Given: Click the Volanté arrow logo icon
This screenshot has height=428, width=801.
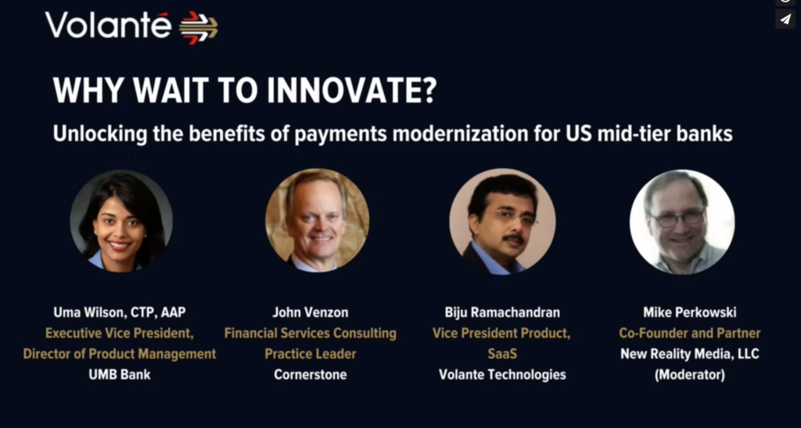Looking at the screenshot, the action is tap(199, 27).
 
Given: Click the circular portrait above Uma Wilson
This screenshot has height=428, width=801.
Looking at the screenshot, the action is tap(121, 221).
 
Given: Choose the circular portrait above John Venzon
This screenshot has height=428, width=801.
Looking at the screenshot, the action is tap(317, 220).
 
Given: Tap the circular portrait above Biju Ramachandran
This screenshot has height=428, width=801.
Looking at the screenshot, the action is tap(503, 221).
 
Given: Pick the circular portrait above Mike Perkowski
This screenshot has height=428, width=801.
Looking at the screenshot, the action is tap(682, 221).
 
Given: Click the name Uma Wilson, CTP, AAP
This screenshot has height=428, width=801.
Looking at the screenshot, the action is tap(120, 312).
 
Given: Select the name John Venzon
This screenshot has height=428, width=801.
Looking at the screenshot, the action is tap(310, 312).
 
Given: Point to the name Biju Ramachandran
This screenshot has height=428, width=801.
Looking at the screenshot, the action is tap(502, 312).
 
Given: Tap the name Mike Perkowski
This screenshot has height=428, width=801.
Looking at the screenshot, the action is tap(690, 312).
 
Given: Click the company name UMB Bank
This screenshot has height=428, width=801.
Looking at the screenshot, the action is tap(120, 374).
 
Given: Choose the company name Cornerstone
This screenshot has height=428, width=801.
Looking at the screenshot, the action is tap(310, 374).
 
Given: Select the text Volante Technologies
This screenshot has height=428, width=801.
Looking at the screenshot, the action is tap(502, 375).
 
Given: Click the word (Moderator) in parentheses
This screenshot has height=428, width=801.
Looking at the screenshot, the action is tap(690, 375).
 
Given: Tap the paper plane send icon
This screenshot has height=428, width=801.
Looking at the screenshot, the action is tap(785, 20).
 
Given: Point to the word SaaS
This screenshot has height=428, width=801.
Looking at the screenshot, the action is tap(502, 354).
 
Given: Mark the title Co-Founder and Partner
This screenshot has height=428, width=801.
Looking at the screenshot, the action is tap(690, 333).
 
